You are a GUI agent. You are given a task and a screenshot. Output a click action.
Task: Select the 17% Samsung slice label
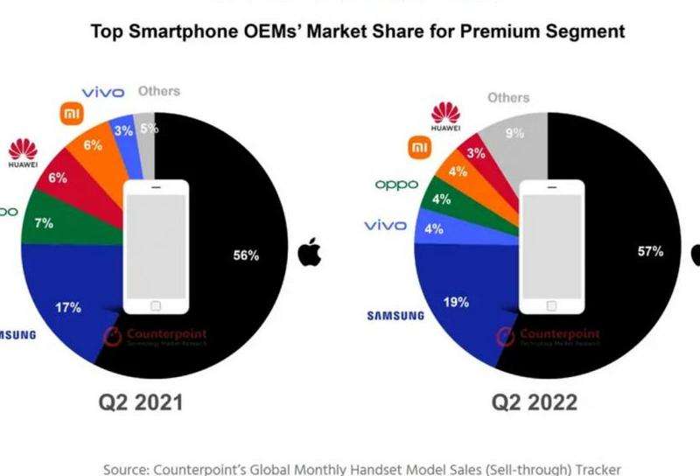click(68, 307)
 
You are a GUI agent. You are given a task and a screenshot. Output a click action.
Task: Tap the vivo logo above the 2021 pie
click(103, 92)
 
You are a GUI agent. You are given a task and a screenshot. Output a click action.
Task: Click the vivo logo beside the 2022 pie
click(386, 226)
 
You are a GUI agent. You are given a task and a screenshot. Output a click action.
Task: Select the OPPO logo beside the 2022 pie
click(395, 185)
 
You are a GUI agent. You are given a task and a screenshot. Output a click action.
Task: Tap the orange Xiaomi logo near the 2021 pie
click(70, 115)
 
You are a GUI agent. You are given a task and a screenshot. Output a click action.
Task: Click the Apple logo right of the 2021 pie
click(309, 254)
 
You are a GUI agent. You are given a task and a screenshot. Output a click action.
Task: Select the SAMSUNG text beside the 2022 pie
click(395, 315)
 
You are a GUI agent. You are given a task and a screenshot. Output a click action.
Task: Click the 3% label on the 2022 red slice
click(478, 153)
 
